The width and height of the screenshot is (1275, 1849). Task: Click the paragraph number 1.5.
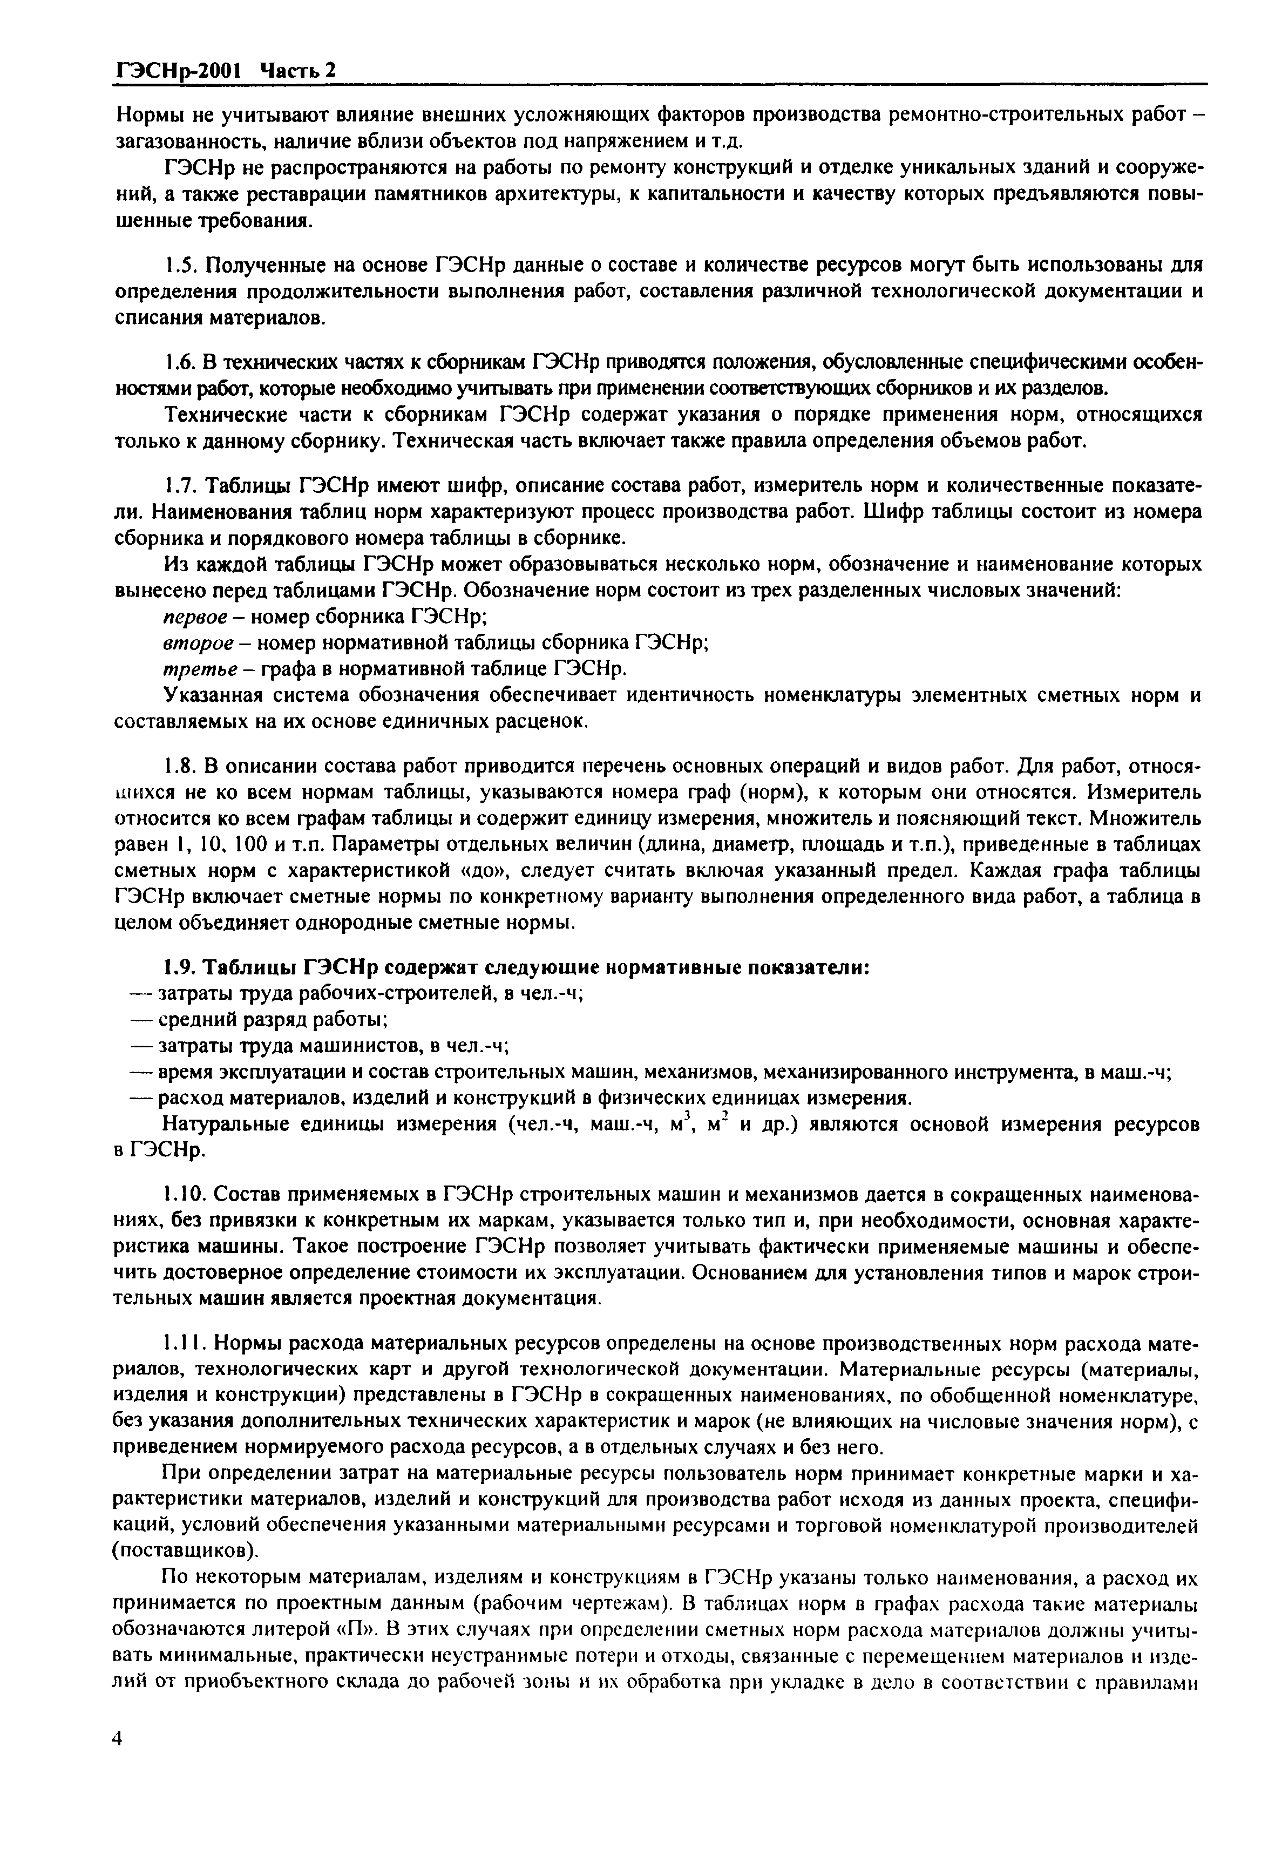tap(178, 265)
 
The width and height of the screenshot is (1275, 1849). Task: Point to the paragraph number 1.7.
tap(178, 486)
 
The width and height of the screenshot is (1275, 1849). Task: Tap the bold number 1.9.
tap(179, 967)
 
